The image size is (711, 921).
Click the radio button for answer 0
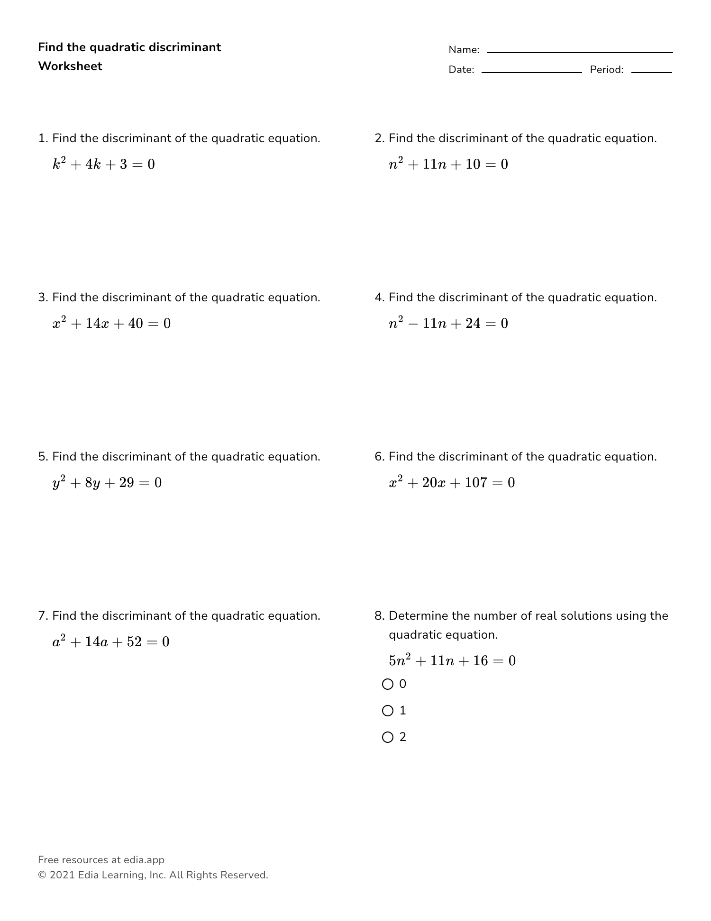(388, 684)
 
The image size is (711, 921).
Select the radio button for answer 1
(388, 711)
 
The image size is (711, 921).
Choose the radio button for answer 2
(388, 737)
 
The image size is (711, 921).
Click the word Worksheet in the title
(70, 66)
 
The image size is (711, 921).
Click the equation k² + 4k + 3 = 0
(104, 164)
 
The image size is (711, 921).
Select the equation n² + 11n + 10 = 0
(448, 164)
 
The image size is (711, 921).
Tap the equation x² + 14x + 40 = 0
(112, 324)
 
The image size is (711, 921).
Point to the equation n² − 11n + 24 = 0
(448, 324)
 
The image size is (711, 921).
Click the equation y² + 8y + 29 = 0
(107, 483)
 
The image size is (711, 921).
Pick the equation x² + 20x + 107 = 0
(452, 483)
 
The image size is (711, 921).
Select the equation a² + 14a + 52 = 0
(111, 642)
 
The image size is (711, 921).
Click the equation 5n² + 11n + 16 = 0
(452, 660)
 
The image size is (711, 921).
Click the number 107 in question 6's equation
(476, 483)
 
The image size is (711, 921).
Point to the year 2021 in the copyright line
(62, 875)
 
